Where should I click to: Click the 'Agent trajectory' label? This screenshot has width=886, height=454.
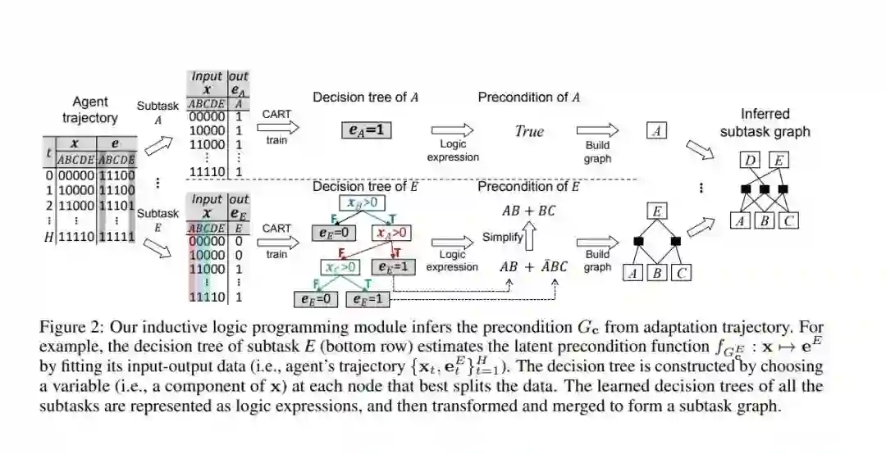(x=90, y=110)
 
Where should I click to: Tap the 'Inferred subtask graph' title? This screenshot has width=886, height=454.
(x=765, y=122)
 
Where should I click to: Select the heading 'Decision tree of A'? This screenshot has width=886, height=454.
(x=366, y=98)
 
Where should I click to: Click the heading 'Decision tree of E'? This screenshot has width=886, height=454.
(x=366, y=187)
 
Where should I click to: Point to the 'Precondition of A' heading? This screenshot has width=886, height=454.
(x=529, y=98)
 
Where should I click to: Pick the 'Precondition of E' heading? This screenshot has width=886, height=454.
(x=529, y=187)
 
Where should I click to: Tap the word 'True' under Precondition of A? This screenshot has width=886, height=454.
(x=529, y=131)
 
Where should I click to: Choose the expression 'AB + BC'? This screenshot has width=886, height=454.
(x=528, y=211)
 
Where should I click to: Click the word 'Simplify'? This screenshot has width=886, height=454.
(x=502, y=237)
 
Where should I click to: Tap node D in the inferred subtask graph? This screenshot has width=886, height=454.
(x=748, y=161)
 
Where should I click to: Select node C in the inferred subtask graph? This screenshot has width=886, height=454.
(x=790, y=221)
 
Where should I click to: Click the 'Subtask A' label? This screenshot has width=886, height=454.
(x=158, y=112)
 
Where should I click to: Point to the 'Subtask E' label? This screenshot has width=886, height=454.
(x=158, y=220)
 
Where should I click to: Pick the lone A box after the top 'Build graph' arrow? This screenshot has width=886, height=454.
(x=655, y=130)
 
